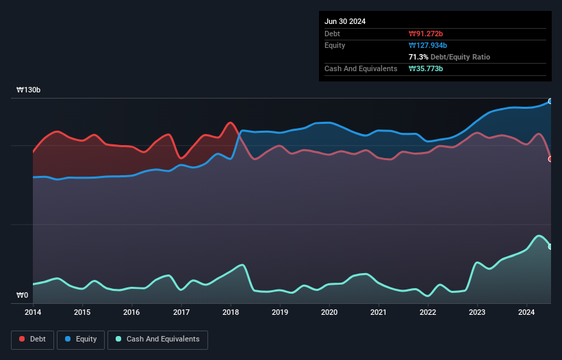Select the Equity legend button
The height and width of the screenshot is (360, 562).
coord(81,339)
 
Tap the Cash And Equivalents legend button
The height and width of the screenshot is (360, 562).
coord(157,339)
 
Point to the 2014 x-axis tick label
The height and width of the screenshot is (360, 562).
coord(33,313)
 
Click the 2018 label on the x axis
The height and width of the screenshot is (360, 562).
coord(231,313)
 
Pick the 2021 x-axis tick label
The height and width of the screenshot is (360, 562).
coord(379,313)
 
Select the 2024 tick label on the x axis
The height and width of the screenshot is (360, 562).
coord(526,313)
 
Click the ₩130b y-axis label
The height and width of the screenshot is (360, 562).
coord(29,90)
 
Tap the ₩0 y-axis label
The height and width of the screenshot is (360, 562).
coord(23,296)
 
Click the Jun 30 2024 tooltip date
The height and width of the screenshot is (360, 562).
coord(345,21)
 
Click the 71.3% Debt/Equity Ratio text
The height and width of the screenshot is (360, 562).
coord(449,57)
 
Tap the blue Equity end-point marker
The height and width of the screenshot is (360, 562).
coord(550,101)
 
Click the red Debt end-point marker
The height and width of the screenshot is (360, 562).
coord(550,159)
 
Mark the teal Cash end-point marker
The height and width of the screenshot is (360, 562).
coord(550,246)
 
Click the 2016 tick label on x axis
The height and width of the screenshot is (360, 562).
coord(131,313)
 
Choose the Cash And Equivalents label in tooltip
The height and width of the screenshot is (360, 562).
coord(361,68)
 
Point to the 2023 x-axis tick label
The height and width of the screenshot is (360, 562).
coord(477,313)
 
